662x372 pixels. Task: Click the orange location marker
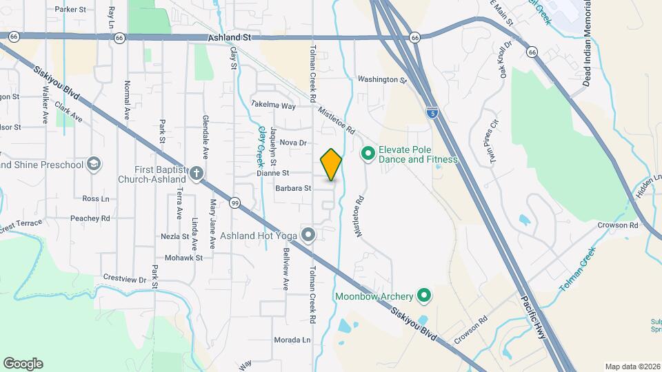point(332,164)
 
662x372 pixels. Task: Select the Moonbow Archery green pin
point(425,296)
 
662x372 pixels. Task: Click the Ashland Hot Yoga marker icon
point(309,236)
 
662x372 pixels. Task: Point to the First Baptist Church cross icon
point(197,173)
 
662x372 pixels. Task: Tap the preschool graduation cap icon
point(93,165)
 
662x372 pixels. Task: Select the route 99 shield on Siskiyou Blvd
point(235,203)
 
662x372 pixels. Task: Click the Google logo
point(23,363)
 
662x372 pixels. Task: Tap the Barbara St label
point(294,187)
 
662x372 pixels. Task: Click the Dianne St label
point(272,173)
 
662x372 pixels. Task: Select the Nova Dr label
point(292,143)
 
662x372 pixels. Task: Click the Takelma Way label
point(273,106)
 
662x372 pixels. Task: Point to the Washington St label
point(382,80)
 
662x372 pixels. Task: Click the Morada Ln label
point(292,340)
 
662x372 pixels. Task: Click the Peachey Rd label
point(90,218)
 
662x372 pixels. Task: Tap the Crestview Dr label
point(125,278)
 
